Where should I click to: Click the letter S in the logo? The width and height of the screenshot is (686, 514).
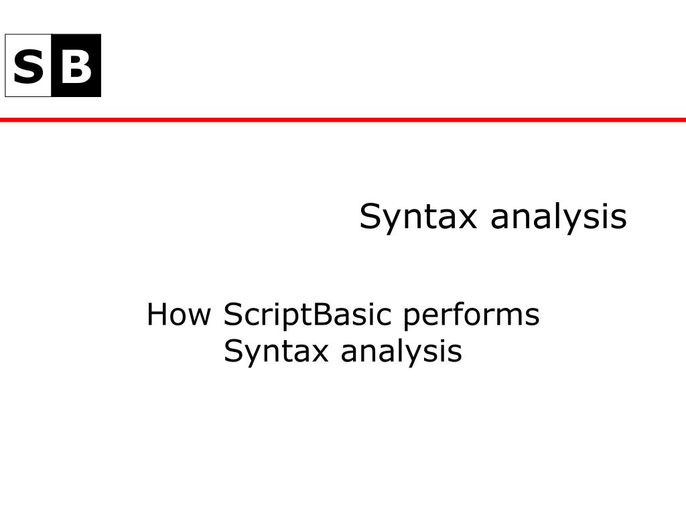[27, 66]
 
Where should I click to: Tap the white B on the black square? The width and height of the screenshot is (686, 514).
[76, 66]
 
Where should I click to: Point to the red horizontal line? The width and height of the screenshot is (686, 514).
[343, 120]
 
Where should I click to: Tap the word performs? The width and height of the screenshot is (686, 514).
[471, 315]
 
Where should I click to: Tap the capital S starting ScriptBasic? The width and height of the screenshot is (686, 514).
[232, 315]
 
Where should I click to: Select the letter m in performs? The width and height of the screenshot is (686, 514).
[507, 317]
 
